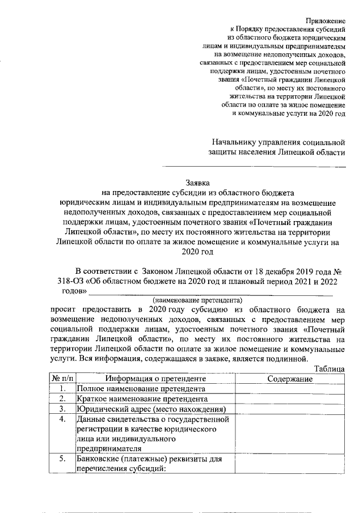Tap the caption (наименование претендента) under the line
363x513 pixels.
pyautogui.click(x=196, y=299)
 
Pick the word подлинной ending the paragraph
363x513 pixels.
pyautogui.click(x=288, y=358)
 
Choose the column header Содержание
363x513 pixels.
pyautogui.click(x=290, y=379)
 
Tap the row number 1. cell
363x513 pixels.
pyautogui.click(x=62, y=389)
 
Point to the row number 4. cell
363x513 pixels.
pyautogui.click(x=62, y=420)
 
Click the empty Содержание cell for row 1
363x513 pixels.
pyautogui.click(x=290, y=389)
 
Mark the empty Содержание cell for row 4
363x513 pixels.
pyautogui.click(x=290, y=434)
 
